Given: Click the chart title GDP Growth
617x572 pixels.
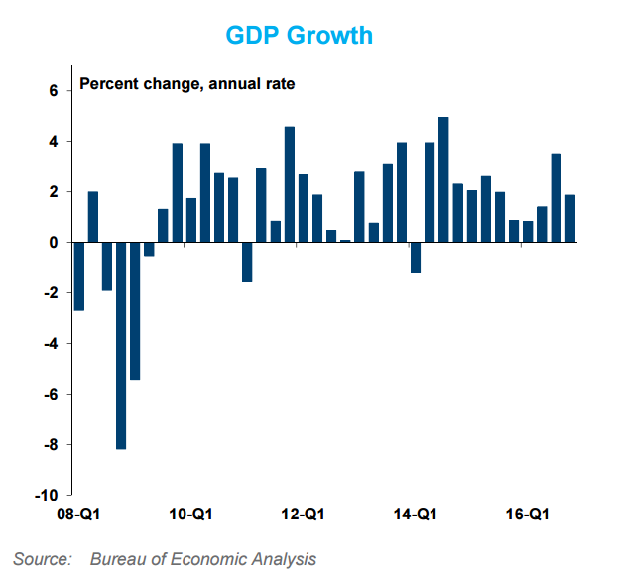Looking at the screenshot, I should [x=299, y=35].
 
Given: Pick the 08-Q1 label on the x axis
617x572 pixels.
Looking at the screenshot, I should [x=78, y=515].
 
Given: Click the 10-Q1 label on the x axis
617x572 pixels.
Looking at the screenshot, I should [x=190, y=515].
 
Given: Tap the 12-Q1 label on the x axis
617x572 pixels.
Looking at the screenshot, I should [x=303, y=515].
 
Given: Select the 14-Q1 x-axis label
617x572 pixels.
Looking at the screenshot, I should [x=415, y=515].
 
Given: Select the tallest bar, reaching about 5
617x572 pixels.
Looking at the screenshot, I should [x=443, y=179].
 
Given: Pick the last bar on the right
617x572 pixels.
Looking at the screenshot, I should [x=570, y=218].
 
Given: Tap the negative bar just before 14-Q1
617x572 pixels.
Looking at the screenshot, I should [x=416, y=257].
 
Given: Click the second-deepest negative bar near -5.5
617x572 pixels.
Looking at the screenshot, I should [x=135, y=310].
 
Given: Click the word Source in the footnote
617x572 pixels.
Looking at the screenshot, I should [x=42, y=559].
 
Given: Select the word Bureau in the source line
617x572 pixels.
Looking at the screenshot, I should [x=117, y=559].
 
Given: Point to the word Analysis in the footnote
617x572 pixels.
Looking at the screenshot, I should [x=283, y=559].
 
